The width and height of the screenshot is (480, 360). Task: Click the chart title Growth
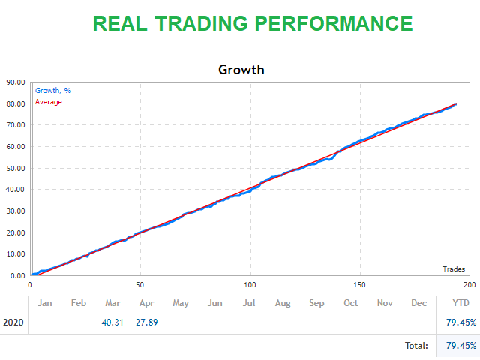[x=241, y=70]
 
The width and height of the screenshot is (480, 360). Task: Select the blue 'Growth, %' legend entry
[x=52, y=91]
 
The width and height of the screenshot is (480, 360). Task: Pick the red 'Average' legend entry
[x=49, y=102]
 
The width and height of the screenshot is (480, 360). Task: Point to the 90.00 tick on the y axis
[x=16, y=82]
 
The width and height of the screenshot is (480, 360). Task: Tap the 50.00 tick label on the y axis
[x=16, y=168]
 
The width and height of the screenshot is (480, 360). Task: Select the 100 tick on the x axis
[x=250, y=285]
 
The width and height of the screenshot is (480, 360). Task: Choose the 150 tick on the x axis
[x=360, y=285]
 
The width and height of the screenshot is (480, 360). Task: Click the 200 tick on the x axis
[x=469, y=285]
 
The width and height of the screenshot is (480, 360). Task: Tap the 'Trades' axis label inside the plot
[x=452, y=268]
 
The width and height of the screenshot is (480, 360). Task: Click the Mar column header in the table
[x=112, y=303]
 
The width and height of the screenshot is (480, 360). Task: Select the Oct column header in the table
[x=350, y=303]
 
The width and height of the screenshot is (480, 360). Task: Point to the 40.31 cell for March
[x=112, y=322]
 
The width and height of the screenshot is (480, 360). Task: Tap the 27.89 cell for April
[x=146, y=322]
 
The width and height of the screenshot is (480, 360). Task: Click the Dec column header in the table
[x=418, y=303]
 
